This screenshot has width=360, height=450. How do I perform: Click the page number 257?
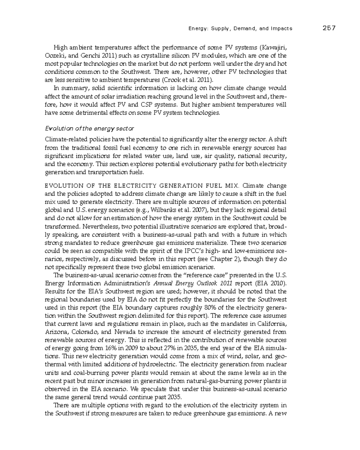329,28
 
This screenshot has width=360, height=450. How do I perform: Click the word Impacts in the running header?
281,29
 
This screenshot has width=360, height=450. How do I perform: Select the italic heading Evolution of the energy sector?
89,129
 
